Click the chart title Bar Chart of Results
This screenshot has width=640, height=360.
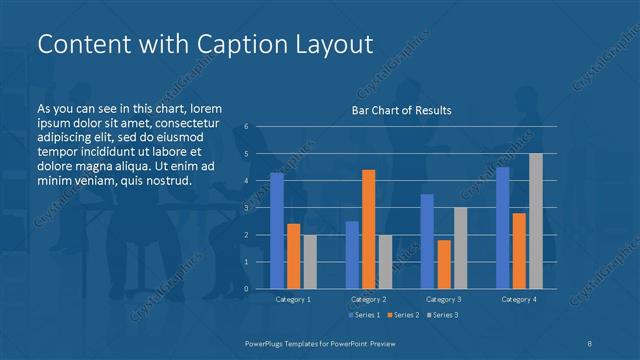(401, 110)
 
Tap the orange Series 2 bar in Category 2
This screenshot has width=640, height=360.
(369, 229)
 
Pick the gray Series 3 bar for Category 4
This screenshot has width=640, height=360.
(536, 221)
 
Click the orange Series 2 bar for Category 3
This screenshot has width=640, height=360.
(444, 264)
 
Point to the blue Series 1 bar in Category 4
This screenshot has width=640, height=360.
(503, 228)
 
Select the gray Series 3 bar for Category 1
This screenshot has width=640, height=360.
(309, 261)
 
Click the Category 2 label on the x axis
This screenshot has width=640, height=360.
(369, 299)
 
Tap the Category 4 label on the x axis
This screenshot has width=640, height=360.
(519, 299)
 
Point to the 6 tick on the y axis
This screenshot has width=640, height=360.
(245, 127)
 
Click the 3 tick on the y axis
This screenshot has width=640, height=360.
(245, 208)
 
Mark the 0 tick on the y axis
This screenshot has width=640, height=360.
(245, 289)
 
